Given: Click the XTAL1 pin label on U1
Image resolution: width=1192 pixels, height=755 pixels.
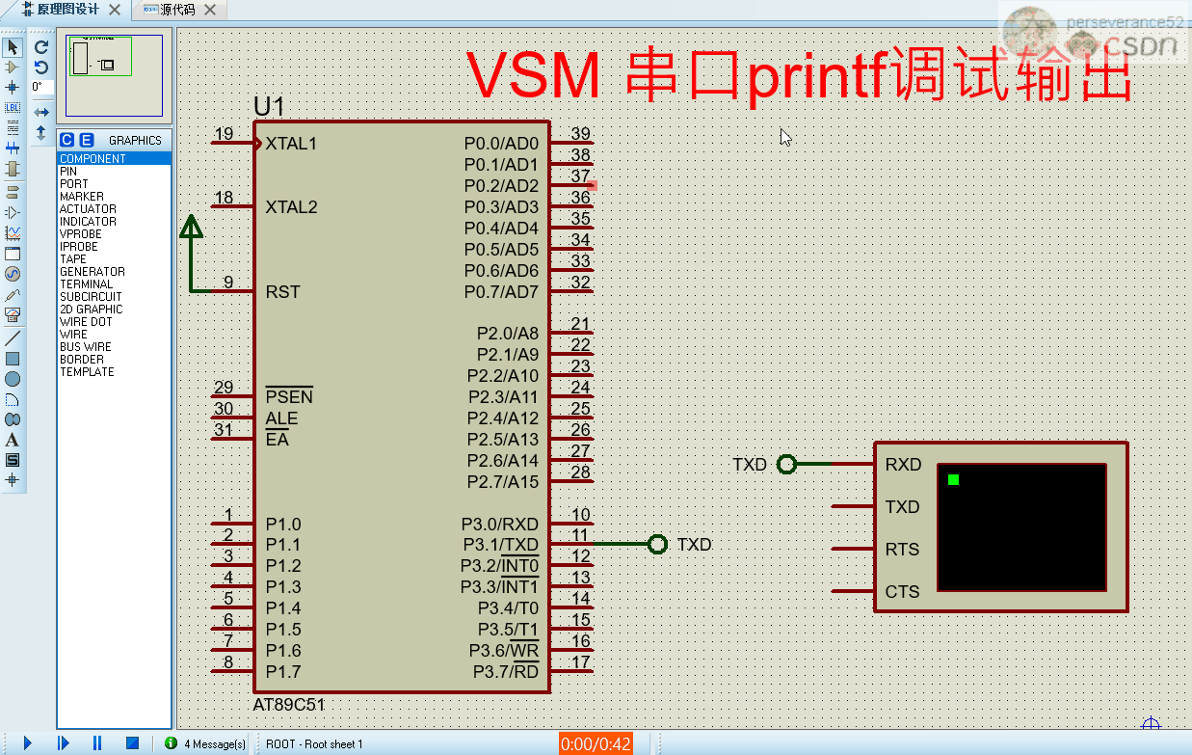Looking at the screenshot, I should pos(291,144).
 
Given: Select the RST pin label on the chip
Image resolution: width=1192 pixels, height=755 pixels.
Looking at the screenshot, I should pos(282,292).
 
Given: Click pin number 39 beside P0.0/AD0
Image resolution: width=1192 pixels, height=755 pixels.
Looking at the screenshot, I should pos(580,134).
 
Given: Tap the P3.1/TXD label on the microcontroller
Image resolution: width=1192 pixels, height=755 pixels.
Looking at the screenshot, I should pos(499,545).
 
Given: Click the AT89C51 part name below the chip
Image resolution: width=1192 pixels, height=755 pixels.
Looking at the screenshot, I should pos(289,705).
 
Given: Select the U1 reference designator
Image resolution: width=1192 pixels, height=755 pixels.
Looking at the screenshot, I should pos(269,107).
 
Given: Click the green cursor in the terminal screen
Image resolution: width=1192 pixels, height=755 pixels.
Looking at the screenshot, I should pos(953,479).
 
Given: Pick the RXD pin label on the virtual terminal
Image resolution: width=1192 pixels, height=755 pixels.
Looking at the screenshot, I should pos(903,465).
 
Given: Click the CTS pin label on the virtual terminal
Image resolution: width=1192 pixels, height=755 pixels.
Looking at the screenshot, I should pos(902,592).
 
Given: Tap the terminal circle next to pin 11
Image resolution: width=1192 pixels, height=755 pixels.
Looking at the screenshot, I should pos(657,545).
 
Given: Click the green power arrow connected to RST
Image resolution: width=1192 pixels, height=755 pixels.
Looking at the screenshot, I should pos(192,228).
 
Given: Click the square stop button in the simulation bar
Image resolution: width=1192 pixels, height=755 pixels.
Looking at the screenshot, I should pos(132,743).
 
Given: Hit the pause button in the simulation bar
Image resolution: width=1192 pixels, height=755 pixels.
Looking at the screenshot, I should pos(97,743).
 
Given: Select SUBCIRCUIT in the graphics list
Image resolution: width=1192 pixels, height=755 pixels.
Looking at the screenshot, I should pos(91,297).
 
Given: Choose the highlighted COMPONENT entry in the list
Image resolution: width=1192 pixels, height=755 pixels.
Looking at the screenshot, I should pos(93,159).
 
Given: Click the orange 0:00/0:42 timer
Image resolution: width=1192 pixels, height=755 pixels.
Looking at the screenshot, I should pos(596,743).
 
